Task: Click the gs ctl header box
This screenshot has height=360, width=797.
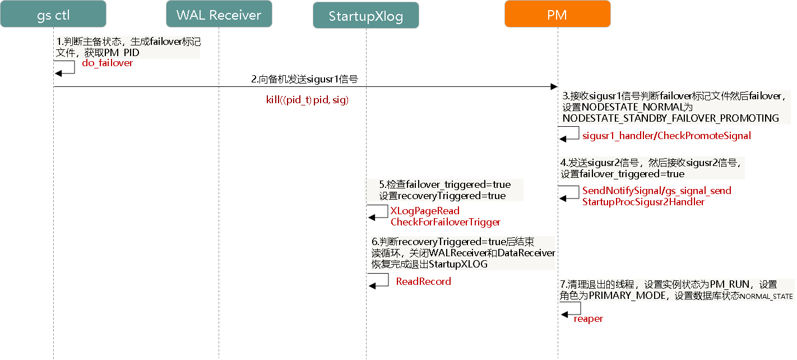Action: pyautogui.click(x=53, y=15)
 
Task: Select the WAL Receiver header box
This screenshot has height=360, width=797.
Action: pyautogui.click(x=219, y=15)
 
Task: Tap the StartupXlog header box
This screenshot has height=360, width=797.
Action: pyautogui.click(x=365, y=16)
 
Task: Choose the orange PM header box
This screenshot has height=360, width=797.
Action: pyautogui.click(x=557, y=15)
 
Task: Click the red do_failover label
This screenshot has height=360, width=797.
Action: pyautogui.click(x=108, y=63)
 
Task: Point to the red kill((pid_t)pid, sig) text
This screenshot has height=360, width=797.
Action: pyautogui.click(x=307, y=100)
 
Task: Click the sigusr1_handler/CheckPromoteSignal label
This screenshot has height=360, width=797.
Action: pyautogui.click(x=666, y=136)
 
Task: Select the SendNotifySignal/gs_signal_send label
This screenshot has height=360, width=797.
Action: pyautogui.click(x=656, y=191)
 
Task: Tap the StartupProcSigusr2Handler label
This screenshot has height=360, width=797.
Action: pyautogui.click(x=643, y=202)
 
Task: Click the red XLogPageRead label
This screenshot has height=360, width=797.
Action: pyautogui.click(x=425, y=211)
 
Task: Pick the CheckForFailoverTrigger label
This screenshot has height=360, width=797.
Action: pyautogui.click(x=445, y=222)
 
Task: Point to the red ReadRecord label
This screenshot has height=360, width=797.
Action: pyautogui.click(x=423, y=281)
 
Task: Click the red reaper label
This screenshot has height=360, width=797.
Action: pyautogui.click(x=588, y=319)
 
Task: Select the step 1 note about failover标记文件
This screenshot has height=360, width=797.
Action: pyautogui.click(x=128, y=47)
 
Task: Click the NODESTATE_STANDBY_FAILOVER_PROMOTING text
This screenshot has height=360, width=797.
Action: pyautogui.click(x=670, y=118)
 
